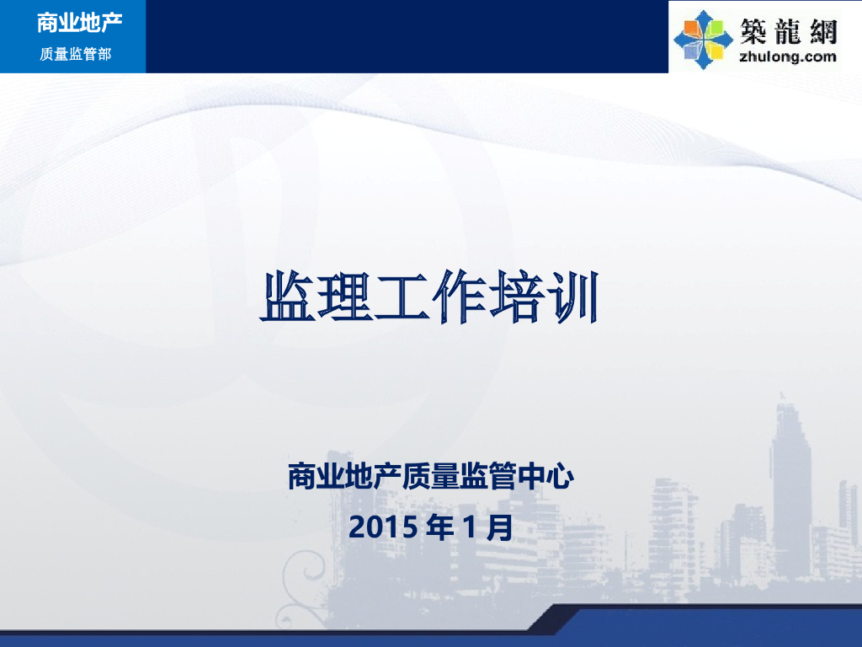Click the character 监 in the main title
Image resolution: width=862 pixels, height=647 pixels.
(288, 297)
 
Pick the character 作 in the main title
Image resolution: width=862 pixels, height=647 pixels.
(457, 297)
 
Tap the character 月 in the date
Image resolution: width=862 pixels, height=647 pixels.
(499, 527)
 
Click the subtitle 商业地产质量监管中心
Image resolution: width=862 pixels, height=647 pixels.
(430, 478)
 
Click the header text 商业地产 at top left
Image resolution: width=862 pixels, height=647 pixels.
(79, 23)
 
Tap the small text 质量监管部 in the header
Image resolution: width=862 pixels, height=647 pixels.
(76, 55)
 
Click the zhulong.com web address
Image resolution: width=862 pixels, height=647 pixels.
(787, 57)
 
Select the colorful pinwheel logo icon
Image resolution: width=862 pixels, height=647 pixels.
(702, 39)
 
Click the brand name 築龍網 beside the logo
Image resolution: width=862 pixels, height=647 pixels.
(787, 31)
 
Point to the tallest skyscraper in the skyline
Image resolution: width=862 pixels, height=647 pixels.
(790, 480)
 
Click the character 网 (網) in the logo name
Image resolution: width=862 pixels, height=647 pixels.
(822, 31)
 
